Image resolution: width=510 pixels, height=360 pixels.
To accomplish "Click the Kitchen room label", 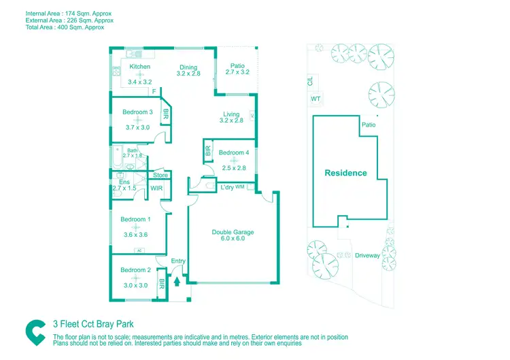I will click(140, 67).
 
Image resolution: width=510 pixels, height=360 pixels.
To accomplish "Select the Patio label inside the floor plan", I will click(237, 65).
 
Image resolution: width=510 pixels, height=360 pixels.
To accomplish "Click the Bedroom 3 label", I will click(137, 112).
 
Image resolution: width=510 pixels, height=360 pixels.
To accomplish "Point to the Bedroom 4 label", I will click(232, 153).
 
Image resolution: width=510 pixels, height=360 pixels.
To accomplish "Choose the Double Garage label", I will click(233, 232).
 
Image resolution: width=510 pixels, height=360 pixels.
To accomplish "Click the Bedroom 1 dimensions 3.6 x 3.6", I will click(135, 235).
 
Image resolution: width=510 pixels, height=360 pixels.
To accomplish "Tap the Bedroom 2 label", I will click(135, 270).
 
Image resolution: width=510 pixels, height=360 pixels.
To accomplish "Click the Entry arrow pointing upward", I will click(178, 279).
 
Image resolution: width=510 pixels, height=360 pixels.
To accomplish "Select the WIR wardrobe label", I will click(156, 188).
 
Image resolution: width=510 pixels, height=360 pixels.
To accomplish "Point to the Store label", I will click(160, 176).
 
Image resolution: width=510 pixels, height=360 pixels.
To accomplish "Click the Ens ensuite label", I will click(124, 182).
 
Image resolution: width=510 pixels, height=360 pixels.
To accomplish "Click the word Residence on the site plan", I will click(345, 173).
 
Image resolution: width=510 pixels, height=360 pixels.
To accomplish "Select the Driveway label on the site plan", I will click(367, 256).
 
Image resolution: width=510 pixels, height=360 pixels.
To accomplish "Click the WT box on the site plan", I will click(316, 99).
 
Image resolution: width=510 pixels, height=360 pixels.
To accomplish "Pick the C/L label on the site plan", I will click(311, 81).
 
